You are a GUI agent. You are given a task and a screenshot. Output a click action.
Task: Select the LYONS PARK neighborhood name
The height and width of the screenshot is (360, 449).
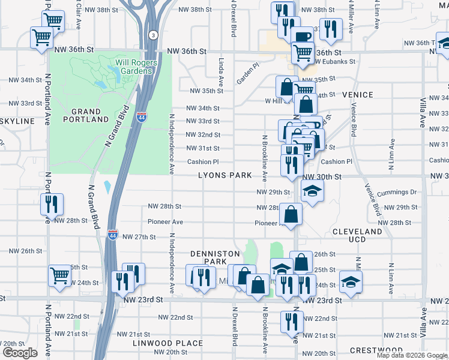[x=225, y=175]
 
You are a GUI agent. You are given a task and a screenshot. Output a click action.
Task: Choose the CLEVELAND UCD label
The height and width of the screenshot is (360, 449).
[x=357, y=235]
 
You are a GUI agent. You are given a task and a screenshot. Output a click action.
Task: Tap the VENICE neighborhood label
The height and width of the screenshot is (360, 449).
[x=358, y=95]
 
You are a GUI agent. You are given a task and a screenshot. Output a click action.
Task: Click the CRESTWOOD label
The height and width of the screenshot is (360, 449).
[x=376, y=350]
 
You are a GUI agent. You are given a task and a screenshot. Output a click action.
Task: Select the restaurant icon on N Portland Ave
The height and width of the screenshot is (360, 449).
[x=52, y=204]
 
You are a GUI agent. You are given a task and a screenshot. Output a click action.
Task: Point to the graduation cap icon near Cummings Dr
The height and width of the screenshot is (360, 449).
[x=312, y=191]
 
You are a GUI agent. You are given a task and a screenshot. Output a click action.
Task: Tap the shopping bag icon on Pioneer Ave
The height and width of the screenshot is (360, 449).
[x=291, y=214]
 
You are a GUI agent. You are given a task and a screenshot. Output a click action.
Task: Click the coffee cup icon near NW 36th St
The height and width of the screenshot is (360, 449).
[x=302, y=36]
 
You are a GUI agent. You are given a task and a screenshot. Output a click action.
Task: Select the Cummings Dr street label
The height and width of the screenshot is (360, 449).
[x=397, y=192]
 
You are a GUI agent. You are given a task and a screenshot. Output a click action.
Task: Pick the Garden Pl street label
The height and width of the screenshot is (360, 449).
[x=247, y=73]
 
